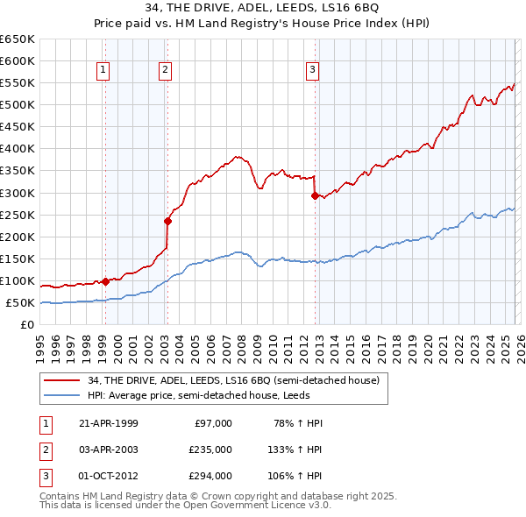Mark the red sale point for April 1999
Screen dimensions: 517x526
click(105, 281)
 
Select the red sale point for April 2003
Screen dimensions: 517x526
click(167, 221)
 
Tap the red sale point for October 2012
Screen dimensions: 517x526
click(314, 195)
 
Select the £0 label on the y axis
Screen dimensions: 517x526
click(27, 325)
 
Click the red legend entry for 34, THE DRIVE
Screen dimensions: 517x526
click(233, 380)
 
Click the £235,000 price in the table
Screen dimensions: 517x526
click(211, 449)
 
